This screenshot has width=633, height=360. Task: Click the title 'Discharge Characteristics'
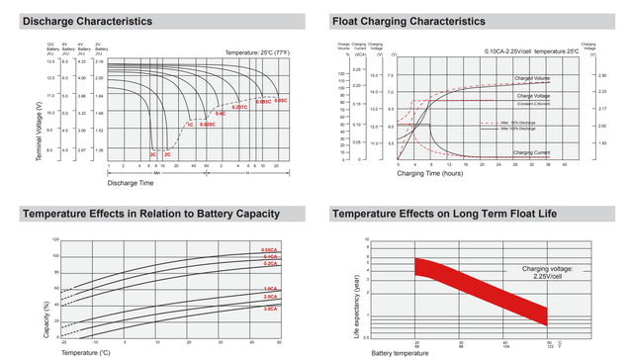87,21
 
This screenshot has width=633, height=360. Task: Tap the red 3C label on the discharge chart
152,155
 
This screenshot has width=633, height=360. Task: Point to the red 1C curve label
189,125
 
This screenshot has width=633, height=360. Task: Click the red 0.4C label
221,114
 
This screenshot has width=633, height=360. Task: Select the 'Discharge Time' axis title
130,182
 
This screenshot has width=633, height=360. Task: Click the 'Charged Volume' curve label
531,77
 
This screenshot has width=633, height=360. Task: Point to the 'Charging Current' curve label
532,152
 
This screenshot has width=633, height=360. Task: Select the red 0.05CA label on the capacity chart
270,249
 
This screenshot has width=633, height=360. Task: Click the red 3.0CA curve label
270,310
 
